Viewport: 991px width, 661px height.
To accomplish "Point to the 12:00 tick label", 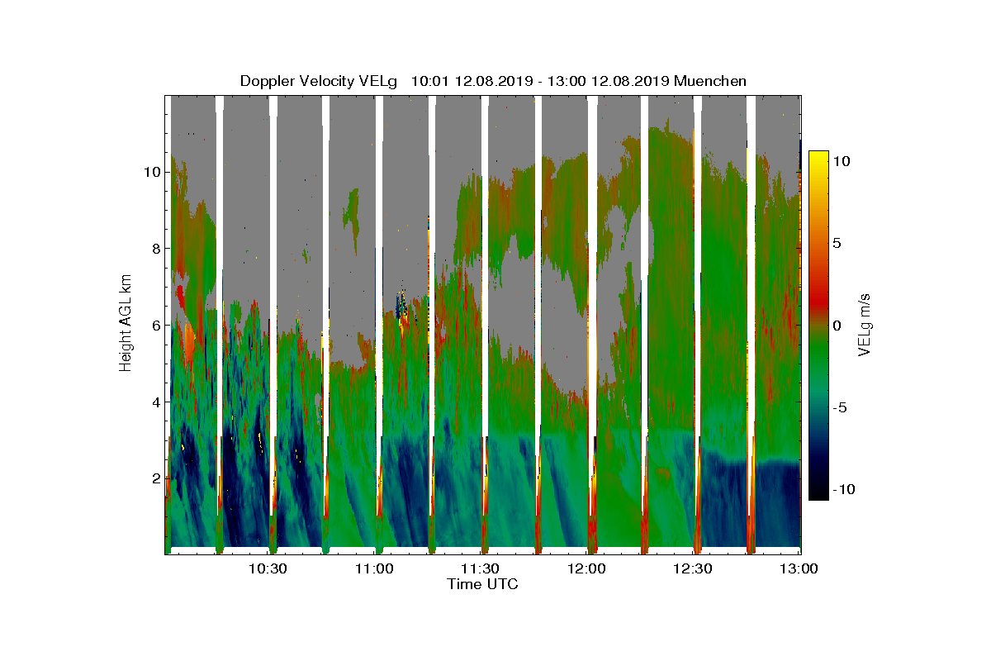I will click(586, 568).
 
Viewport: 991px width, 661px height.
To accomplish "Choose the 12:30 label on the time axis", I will click(693, 568).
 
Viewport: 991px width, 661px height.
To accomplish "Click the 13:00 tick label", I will click(799, 568).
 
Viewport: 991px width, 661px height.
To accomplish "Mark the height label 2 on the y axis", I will click(154, 478).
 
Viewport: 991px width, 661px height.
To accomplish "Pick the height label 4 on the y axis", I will click(154, 402).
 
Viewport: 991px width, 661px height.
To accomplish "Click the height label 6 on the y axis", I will click(154, 325).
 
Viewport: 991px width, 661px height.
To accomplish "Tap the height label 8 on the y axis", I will click(154, 249).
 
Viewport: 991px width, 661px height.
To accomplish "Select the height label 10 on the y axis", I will click(150, 172).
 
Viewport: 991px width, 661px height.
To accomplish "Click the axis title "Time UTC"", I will click(483, 584).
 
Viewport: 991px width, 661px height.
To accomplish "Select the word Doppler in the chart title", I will click(266, 81).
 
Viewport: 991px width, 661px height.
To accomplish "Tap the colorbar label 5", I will click(836, 243).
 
